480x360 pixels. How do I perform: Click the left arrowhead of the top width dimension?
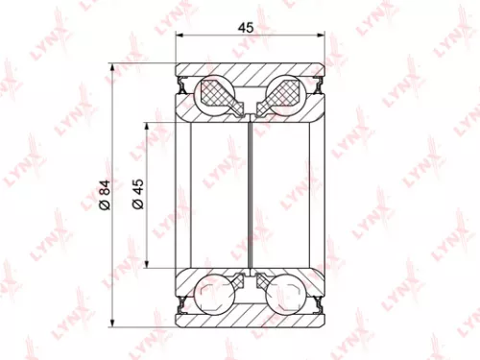click(180, 38)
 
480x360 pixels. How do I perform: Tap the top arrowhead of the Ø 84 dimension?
click(113, 68)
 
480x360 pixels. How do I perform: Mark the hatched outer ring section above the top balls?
click(251, 73)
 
